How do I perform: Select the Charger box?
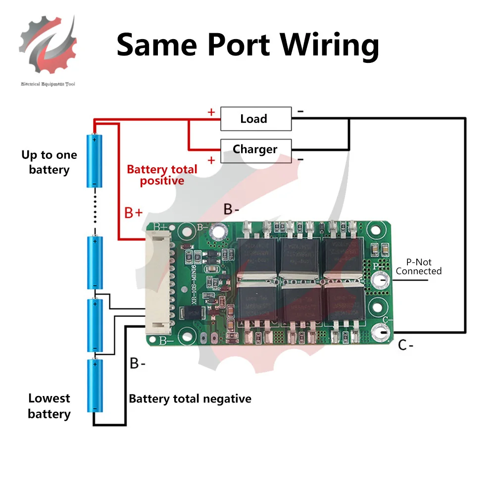255,149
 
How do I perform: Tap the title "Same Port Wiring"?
247,45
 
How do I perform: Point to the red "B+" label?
133,213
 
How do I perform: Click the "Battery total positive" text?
162,175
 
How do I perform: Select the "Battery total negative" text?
190,398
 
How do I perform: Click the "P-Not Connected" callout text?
418,266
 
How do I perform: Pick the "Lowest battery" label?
49,406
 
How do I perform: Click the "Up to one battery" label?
49,162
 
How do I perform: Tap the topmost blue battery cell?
95,161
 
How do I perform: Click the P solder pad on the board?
382,280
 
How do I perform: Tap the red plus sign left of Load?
211,112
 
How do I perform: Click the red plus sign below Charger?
211,160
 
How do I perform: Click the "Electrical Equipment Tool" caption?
48,84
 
